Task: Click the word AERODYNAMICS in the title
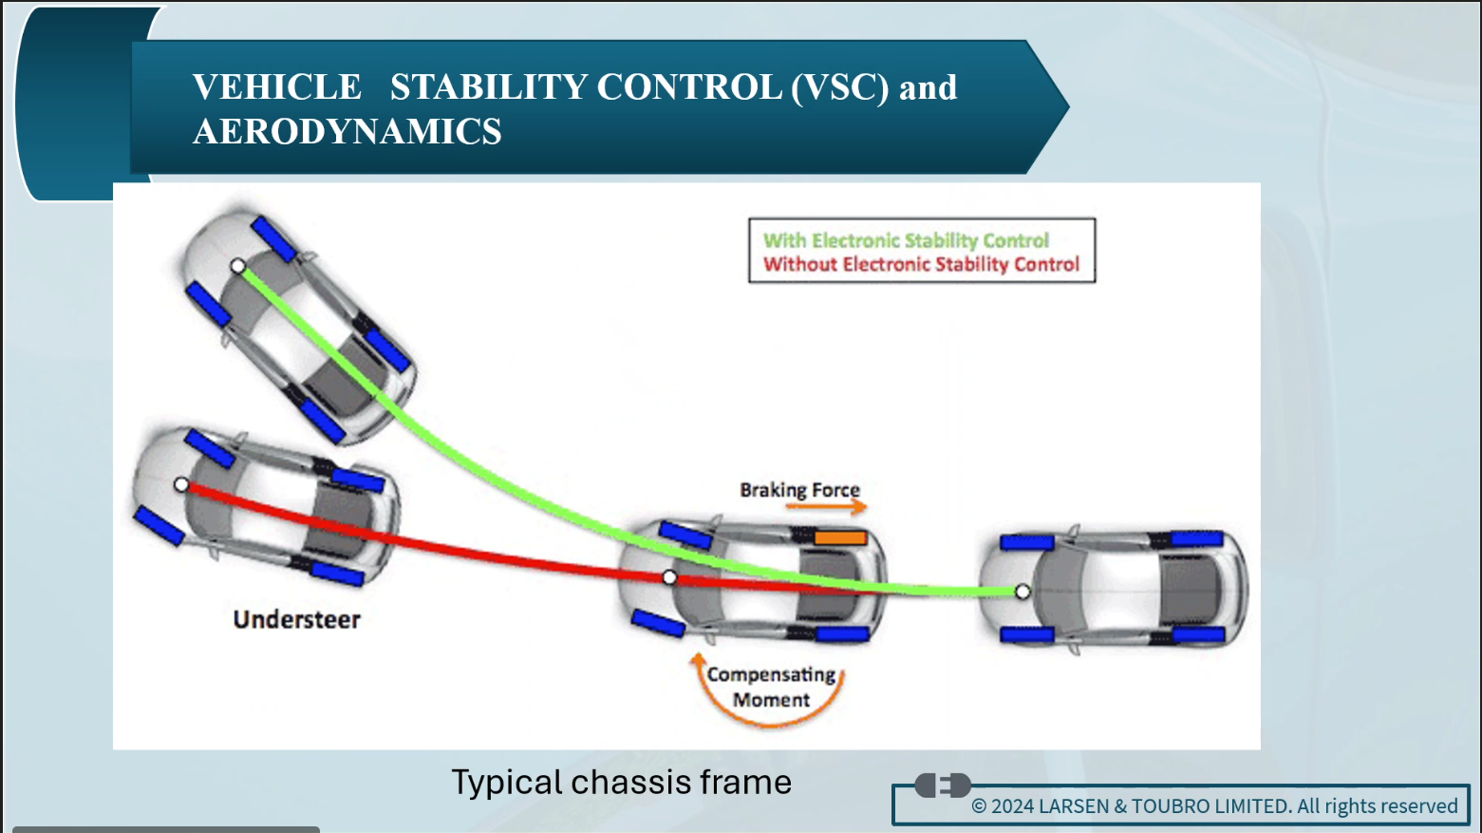[x=347, y=131]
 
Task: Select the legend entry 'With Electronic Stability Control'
[x=906, y=240]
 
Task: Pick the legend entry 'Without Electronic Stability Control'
[x=921, y=264]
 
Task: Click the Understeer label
[x=296, y=619]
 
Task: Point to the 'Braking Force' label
[x=799, y=490]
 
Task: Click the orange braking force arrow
[x=826, y=507]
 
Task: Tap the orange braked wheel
[x=840, y=538]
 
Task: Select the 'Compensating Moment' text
[x=771, y=687]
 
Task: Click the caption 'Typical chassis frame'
[x=621, y=782]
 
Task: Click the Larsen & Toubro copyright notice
[x=1214, y=806]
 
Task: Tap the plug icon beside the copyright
[x=942, y=786]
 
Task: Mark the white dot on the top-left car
[x=238, y=266]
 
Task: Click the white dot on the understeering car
[x=181, y=484]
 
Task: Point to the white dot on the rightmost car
[x=1022, y=591]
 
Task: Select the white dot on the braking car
[x=669, y=577]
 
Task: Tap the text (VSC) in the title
[x=839, y=87]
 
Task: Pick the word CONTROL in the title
[x=689, y=87]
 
